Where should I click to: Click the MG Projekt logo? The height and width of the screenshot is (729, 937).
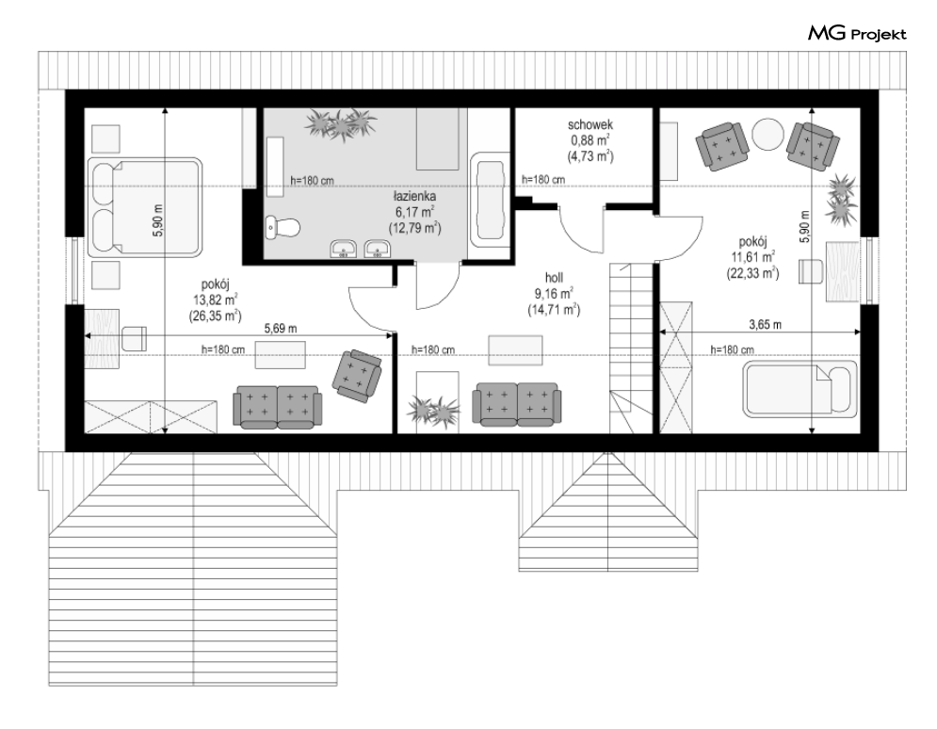pos(857,34)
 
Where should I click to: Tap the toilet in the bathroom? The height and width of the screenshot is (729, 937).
pos(283,228)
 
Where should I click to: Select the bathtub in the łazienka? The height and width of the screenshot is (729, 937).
pos(490,201)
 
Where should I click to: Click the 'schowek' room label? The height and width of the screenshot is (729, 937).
pos(590,125)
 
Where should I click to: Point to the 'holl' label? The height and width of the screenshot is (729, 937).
pos(554,278)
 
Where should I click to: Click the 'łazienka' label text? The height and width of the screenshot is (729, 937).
pos(414,196)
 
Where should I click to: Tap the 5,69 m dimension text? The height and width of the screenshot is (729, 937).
pos(281,329)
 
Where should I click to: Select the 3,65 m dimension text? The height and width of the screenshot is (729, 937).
pos(765,325)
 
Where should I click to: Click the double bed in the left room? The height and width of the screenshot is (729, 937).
pos(145,208)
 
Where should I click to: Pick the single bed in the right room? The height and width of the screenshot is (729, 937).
pos(800,390)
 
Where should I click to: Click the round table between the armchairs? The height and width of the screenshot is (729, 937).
pos(767,136)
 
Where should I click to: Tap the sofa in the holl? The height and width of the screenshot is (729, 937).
pos(517,405)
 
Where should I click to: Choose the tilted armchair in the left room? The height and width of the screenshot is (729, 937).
pos(357,374)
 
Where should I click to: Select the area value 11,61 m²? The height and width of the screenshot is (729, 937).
pos(753,257)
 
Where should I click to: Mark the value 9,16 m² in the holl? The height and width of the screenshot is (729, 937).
pos(554,294)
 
